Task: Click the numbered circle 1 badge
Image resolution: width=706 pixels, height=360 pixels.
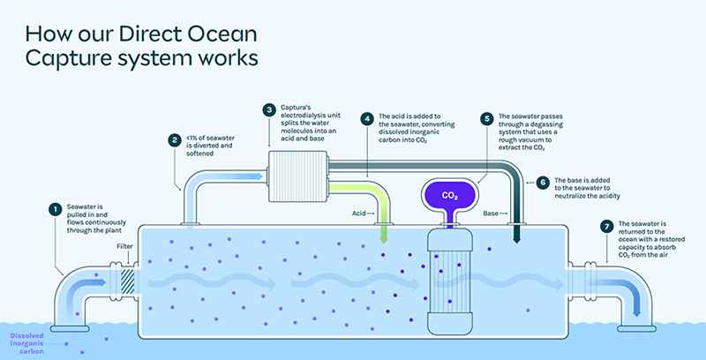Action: point(56,210)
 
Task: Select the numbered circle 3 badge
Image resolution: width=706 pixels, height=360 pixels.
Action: point(269,109)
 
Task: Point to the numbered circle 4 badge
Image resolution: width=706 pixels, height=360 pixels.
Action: point(367,116)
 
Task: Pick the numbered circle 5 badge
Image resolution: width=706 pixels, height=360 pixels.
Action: point(487,116)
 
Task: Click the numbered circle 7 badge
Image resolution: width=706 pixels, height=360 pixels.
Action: point(606,226)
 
